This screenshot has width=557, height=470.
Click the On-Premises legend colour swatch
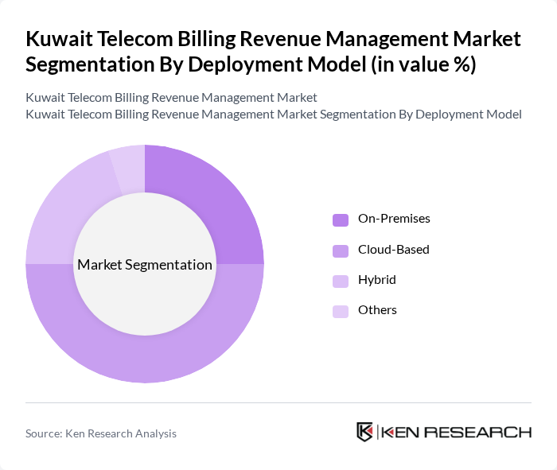[341, 219]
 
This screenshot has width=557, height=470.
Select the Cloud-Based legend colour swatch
[341, 251]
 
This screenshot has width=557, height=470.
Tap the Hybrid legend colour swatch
[341, 281]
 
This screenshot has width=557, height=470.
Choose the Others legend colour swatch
[341, 311]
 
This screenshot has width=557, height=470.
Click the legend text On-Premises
[394, 219]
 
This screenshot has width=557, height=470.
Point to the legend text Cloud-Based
[393, 250]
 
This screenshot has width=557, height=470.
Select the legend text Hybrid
[376, 280]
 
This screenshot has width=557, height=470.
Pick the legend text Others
[377, 310]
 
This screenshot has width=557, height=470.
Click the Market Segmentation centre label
[145, 265]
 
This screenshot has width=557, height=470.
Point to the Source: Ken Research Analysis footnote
[101, 433]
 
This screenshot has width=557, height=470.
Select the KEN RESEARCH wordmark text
[456, 432]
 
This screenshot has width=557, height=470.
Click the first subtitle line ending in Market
[171, 97]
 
